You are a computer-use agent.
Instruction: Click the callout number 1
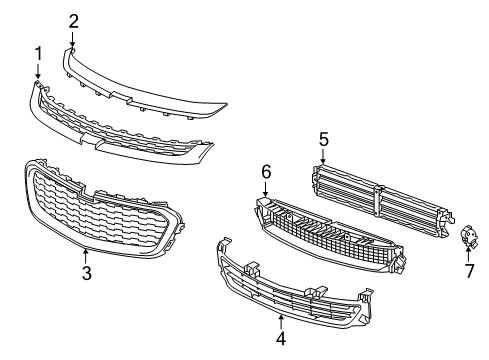tap(38, 53)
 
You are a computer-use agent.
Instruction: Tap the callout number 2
tap(73, 20)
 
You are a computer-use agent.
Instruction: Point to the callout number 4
tap(281, 340)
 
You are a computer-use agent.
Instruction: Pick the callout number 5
tap(323, 139)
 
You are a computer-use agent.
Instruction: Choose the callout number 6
tap(266, 172)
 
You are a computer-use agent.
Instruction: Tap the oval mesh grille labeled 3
tap(100, 205)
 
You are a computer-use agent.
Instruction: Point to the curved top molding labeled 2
tap(150, 85)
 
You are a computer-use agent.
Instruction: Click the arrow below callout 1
tap(38, 72)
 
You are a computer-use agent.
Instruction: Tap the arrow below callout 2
tap(73, 40)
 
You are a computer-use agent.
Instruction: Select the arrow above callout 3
tap(87, 254)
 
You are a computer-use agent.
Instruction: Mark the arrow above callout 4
tap(281, 322)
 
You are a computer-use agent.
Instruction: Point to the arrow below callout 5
tap(323, 157)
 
